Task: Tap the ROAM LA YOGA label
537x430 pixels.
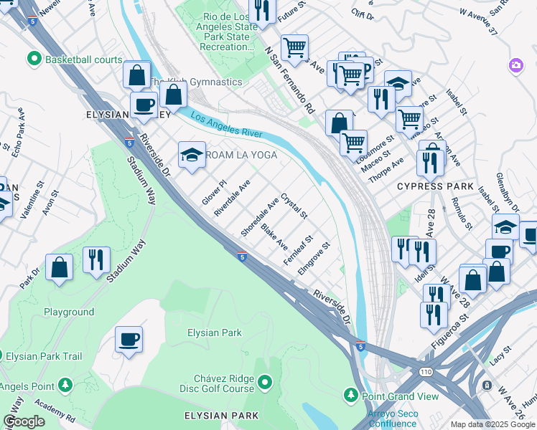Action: click(x=241, y=155)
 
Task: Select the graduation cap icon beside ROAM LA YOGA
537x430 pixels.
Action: click(x=192, y=155)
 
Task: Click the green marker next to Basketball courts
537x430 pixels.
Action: click(x=33, y=59)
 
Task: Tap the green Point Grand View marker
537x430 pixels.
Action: click(x=351, y=395)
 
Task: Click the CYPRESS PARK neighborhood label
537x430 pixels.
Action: click(x=435, y=186)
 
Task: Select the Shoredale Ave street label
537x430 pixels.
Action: click(x=259, y=218)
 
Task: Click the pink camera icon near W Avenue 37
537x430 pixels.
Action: click(x=515, y=66)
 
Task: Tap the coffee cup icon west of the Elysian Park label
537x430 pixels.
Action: click(x=129, y=339)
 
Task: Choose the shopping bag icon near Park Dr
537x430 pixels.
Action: click(x=59, y=267)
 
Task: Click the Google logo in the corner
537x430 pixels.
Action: click(x=24, y=421)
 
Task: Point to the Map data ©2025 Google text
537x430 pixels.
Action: click(x=492, y=424)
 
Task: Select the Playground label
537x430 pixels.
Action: click(x=69, y=312)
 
